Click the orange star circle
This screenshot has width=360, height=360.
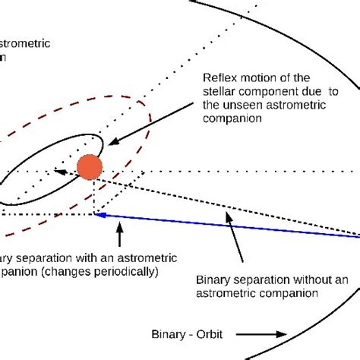coord(90,167)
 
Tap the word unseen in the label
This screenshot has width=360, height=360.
coord(241,107)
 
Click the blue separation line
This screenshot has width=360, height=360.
coord(228,226)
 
